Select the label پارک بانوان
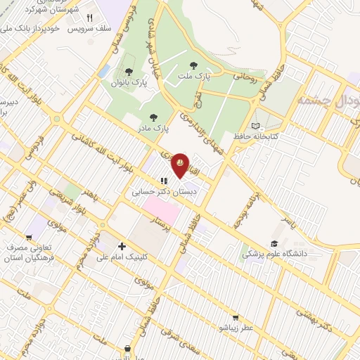[128, 83]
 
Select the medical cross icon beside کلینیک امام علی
[122, 246]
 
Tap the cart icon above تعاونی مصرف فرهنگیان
[29, 237]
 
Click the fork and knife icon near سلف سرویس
[89, 18]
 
